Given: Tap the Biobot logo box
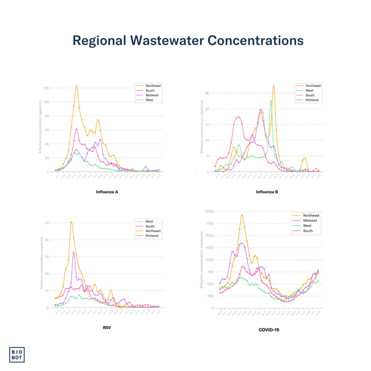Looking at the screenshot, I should [17, 354].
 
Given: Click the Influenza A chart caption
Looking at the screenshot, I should [107, 192].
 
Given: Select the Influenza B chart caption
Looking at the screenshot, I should [267, 192].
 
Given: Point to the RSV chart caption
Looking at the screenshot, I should [107, 327].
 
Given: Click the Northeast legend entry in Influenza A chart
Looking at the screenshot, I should [153, 86].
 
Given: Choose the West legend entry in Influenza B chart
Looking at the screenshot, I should [310, 90].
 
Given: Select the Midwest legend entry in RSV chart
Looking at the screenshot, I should [152, 236].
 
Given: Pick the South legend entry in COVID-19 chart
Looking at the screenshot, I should [308, 230].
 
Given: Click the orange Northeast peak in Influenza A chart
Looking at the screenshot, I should [76, 86].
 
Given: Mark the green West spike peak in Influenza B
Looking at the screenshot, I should [271, 101].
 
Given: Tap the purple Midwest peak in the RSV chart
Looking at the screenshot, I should [74, 252].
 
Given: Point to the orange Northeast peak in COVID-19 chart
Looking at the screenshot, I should [242, 215].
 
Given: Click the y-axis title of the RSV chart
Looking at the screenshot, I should [41, 265].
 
